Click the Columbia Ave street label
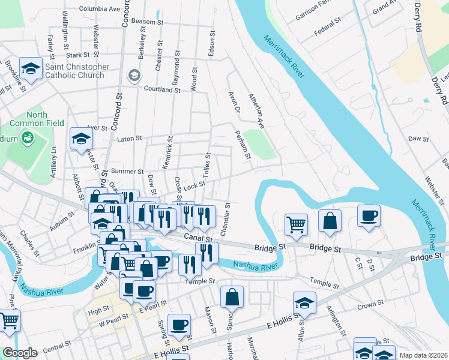(x=100, y=9)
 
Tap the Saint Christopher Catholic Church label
(x=74, y=71)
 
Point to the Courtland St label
(x=162, y=89)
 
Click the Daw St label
(x=418, y=139)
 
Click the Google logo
(x=19, y=353)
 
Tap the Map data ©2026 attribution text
(x=424, y=355)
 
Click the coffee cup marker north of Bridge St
(x=368, y=215)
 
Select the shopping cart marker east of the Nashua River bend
(x=296, y=224)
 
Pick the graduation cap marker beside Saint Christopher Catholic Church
(x=30, y=67)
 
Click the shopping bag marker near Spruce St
(x=232, y=296)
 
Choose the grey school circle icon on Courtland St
(x=134, y=76)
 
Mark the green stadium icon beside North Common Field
(x=26, y=139)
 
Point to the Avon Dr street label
(x=234, y=102)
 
